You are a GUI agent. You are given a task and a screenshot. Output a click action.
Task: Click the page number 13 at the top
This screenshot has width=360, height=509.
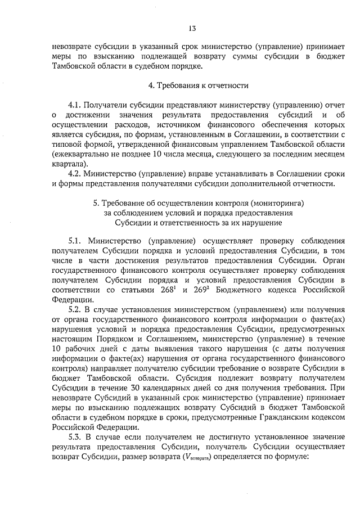tap(192, 28)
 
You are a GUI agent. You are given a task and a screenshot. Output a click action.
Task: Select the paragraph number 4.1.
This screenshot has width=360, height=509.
tap(75, 105)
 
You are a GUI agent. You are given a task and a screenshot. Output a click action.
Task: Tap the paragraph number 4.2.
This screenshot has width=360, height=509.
tap(75, 173)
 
